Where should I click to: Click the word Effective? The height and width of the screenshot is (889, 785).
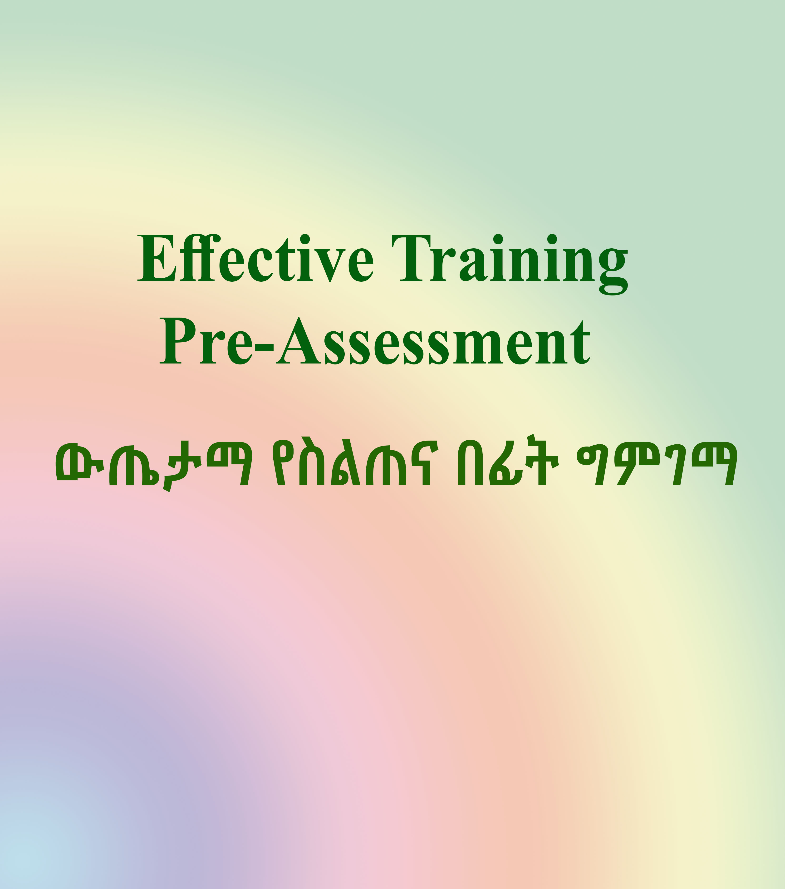pos(255,258)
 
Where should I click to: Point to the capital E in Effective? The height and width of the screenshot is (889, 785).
pos(157,258)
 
